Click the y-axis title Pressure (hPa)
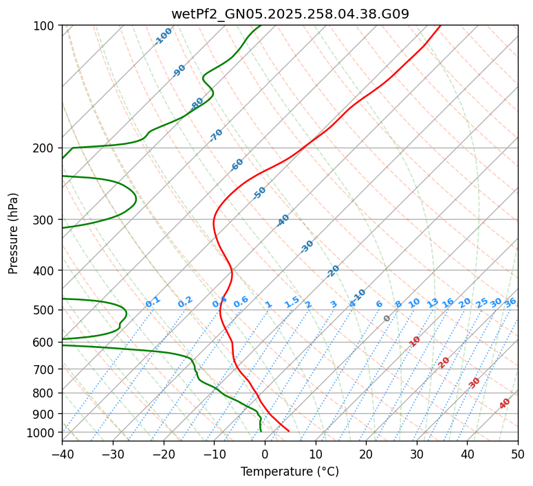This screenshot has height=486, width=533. coord(14,233)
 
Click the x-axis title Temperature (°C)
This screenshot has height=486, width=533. coord(290,472)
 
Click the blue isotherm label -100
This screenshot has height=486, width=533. coord(163,36)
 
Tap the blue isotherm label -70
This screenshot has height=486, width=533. coord(216,135)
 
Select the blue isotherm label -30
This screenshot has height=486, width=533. coord(307,246)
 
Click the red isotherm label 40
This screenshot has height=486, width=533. coord(505,404)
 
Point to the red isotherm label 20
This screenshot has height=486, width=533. coord(444,362)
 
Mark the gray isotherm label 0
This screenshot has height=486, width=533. coord(387,319)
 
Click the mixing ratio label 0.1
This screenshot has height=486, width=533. coord(153,301)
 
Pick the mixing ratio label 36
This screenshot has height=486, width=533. coord(510,302)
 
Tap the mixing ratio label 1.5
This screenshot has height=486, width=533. coord(292,301)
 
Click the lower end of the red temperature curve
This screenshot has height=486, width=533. coord(289,431)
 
